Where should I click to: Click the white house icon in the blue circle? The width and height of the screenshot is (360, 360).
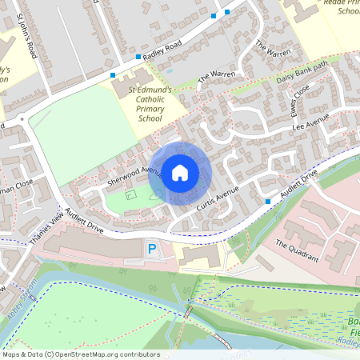180,172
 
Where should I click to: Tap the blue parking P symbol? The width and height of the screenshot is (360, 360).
152,250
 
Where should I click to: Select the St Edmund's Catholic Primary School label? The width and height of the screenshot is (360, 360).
150,104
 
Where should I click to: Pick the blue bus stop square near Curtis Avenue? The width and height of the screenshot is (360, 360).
266,202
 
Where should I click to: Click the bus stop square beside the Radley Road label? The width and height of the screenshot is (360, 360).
138,57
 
